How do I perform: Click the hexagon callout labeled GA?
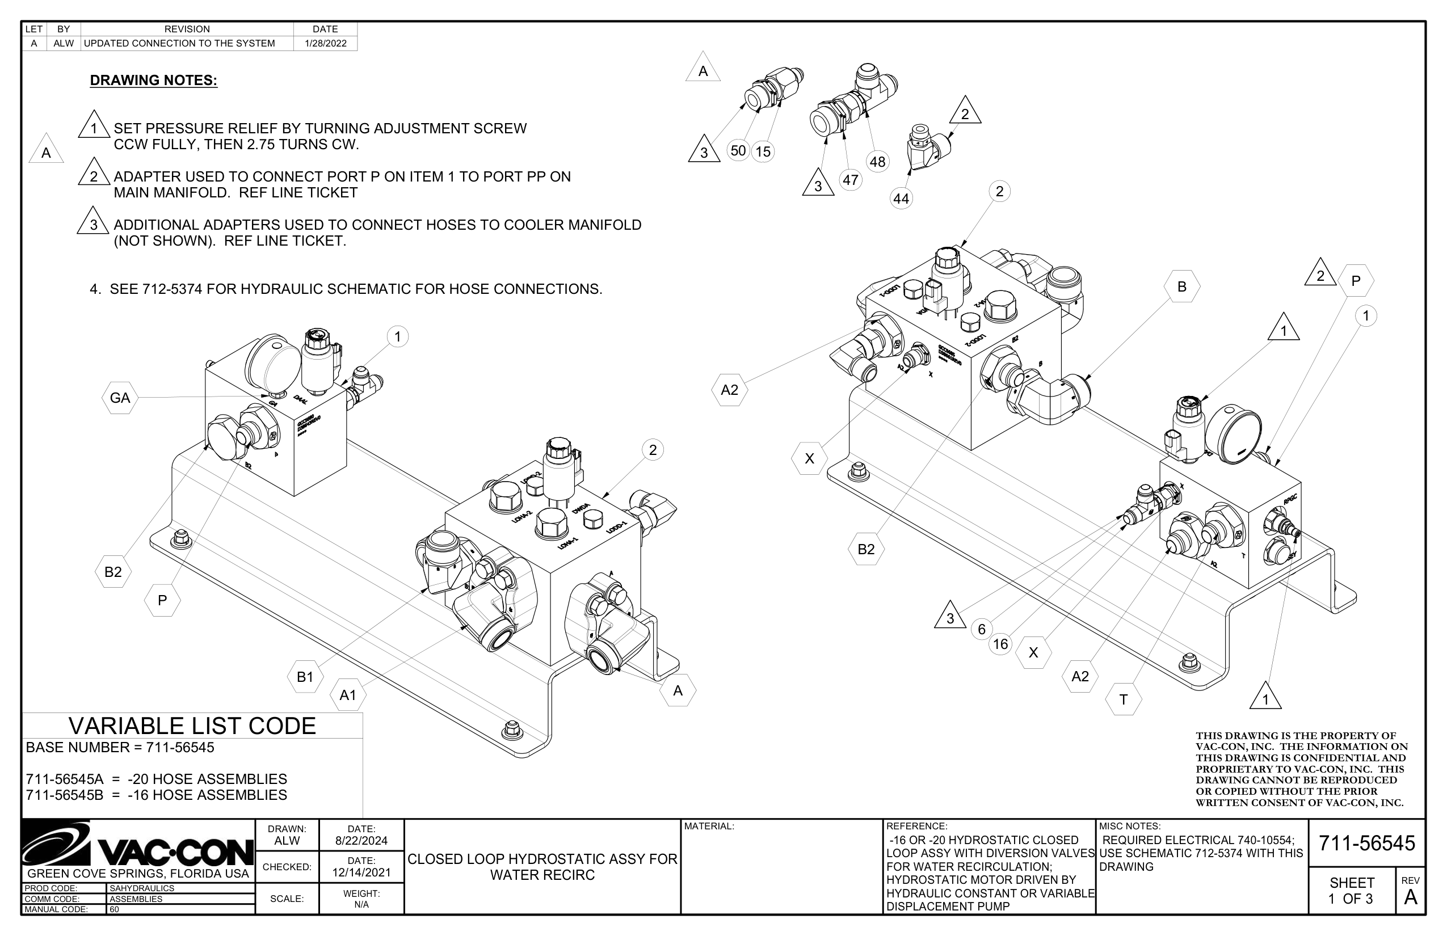(120, 398)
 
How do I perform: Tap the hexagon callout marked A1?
(348, 695)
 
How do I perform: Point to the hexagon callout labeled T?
(1124, 699)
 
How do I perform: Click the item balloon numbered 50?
(738, 151)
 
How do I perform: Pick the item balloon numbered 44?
(901, 199)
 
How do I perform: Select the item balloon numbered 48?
(877, 162)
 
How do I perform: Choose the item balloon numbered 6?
(981, 629)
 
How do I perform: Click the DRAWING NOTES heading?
(153, 80)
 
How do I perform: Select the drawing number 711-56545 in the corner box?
(1367, 843)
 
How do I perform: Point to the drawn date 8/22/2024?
(361, 841)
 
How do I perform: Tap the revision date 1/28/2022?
(325, 43)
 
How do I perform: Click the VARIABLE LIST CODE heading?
(192, 726)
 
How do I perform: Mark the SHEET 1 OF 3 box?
(1351, 891)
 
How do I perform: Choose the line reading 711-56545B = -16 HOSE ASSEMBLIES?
(156, 795)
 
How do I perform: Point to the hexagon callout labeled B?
(1182, 287)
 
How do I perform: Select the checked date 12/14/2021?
(361, 873)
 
